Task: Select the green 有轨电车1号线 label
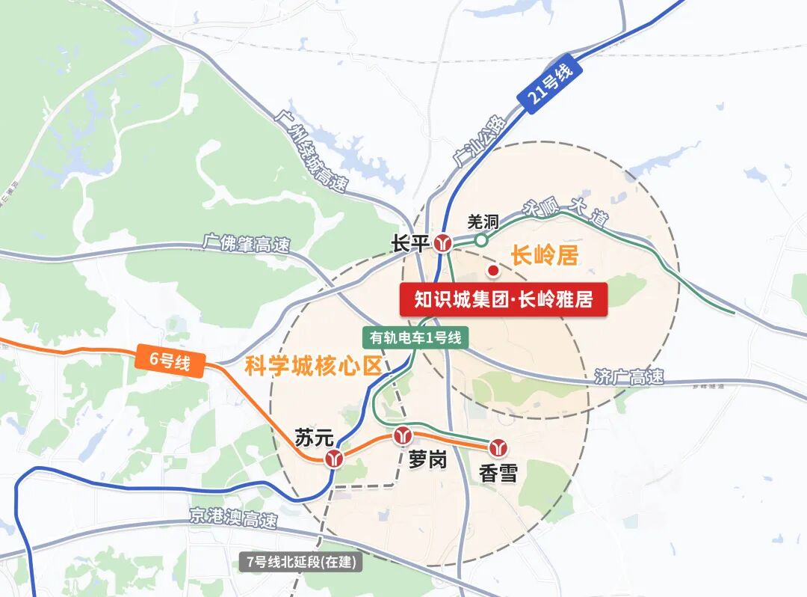[415, 337]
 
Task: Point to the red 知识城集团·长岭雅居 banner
[503, 300]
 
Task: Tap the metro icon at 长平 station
[444, 242]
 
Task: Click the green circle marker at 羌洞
[481, 240]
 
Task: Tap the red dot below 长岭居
[492, 270]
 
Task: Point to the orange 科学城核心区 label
[313, 366]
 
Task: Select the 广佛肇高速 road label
[246, 243]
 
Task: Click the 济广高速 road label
[629, 377]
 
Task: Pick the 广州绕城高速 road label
[311, 150]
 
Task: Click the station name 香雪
[498, 473]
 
